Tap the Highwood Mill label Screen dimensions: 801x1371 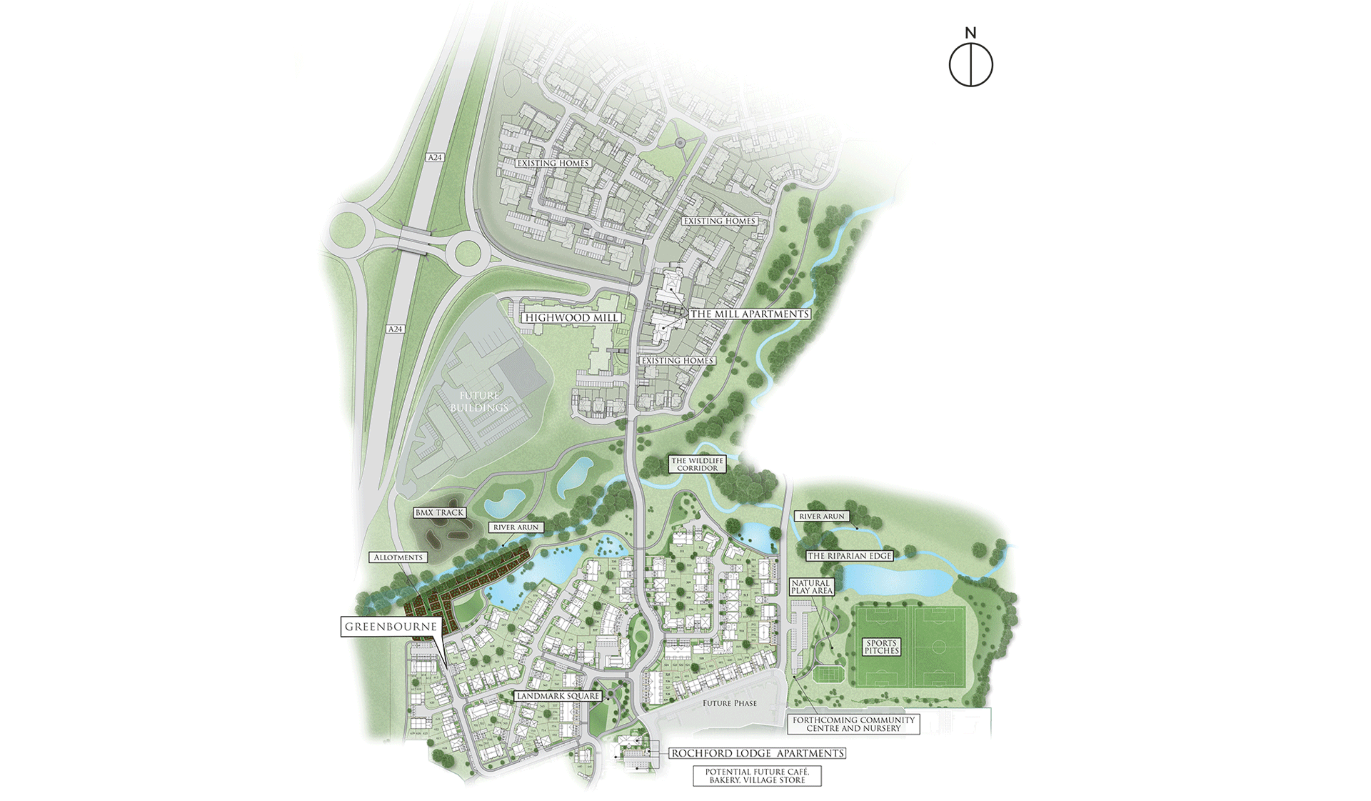[571, 318]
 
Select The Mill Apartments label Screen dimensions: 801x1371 [750, 314]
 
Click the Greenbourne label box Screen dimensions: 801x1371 [391, 627]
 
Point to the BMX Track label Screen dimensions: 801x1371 [440, 512]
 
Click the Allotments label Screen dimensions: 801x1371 [398, 557]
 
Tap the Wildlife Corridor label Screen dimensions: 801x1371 [697, 464]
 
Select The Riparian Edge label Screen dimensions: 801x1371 [849, 556]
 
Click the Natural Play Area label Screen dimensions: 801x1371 [811, 587]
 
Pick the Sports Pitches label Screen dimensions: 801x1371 [882, 647]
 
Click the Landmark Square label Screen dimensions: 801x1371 [558, 696]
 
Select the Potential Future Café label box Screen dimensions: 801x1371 [757, 776]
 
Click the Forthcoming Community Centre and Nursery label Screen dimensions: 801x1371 [853, 725]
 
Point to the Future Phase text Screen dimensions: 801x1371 [729, 703]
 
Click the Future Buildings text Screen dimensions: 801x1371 [479, 402]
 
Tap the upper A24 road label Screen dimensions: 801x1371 [435, 157]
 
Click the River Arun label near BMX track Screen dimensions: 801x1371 [516, 527]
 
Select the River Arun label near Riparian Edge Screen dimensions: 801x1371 [821, 516]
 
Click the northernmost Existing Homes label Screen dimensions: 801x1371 [553, 164]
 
